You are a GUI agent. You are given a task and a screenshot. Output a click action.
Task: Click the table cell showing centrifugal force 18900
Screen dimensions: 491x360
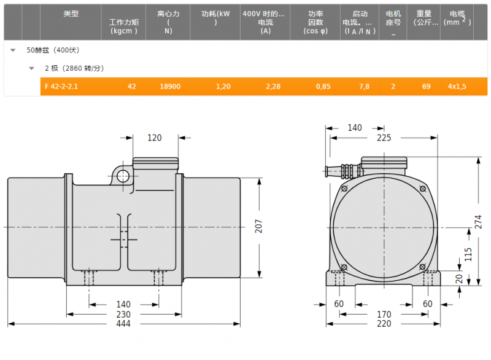[170, 87]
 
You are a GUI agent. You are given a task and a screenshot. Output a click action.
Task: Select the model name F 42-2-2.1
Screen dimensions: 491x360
[61, 87]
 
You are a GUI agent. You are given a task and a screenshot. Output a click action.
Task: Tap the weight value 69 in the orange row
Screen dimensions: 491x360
[426, 87]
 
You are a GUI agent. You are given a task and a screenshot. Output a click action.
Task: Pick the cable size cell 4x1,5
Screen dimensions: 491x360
[457, 87]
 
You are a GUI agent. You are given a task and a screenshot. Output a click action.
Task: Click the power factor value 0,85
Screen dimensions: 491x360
[323, 87]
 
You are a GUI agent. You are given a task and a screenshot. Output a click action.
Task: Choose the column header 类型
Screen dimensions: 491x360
[71, 14]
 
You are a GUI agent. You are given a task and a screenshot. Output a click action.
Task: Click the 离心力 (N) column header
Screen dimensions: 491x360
[168, 22]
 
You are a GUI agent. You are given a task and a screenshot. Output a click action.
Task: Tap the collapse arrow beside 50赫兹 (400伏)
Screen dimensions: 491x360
[13, 50]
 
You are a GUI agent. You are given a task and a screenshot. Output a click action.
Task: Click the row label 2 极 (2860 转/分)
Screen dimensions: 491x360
[74, 68]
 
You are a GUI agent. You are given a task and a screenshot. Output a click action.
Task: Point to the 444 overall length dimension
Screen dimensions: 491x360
[123, 324]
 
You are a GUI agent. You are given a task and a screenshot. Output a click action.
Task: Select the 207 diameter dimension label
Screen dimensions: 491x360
[258, 226]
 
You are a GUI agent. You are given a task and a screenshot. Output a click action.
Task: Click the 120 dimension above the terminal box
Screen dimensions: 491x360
[155, 138]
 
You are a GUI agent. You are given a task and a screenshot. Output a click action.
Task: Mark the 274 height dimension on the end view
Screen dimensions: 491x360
[478, 222]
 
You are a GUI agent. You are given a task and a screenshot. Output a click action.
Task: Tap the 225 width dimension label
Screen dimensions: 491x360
[384, 138]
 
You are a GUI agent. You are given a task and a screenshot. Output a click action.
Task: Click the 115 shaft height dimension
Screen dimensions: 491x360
[468, 254]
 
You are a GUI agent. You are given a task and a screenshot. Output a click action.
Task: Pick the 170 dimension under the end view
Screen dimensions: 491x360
[384, 315]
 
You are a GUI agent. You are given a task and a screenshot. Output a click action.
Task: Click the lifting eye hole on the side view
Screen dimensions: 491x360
[123, 176]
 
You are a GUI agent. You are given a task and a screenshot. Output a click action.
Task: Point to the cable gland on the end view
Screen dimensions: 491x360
[343, 171]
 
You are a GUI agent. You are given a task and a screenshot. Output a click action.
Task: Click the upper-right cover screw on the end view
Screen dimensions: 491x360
[423, 189]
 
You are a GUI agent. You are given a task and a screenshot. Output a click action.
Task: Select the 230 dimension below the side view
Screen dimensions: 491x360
[123, 315]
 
